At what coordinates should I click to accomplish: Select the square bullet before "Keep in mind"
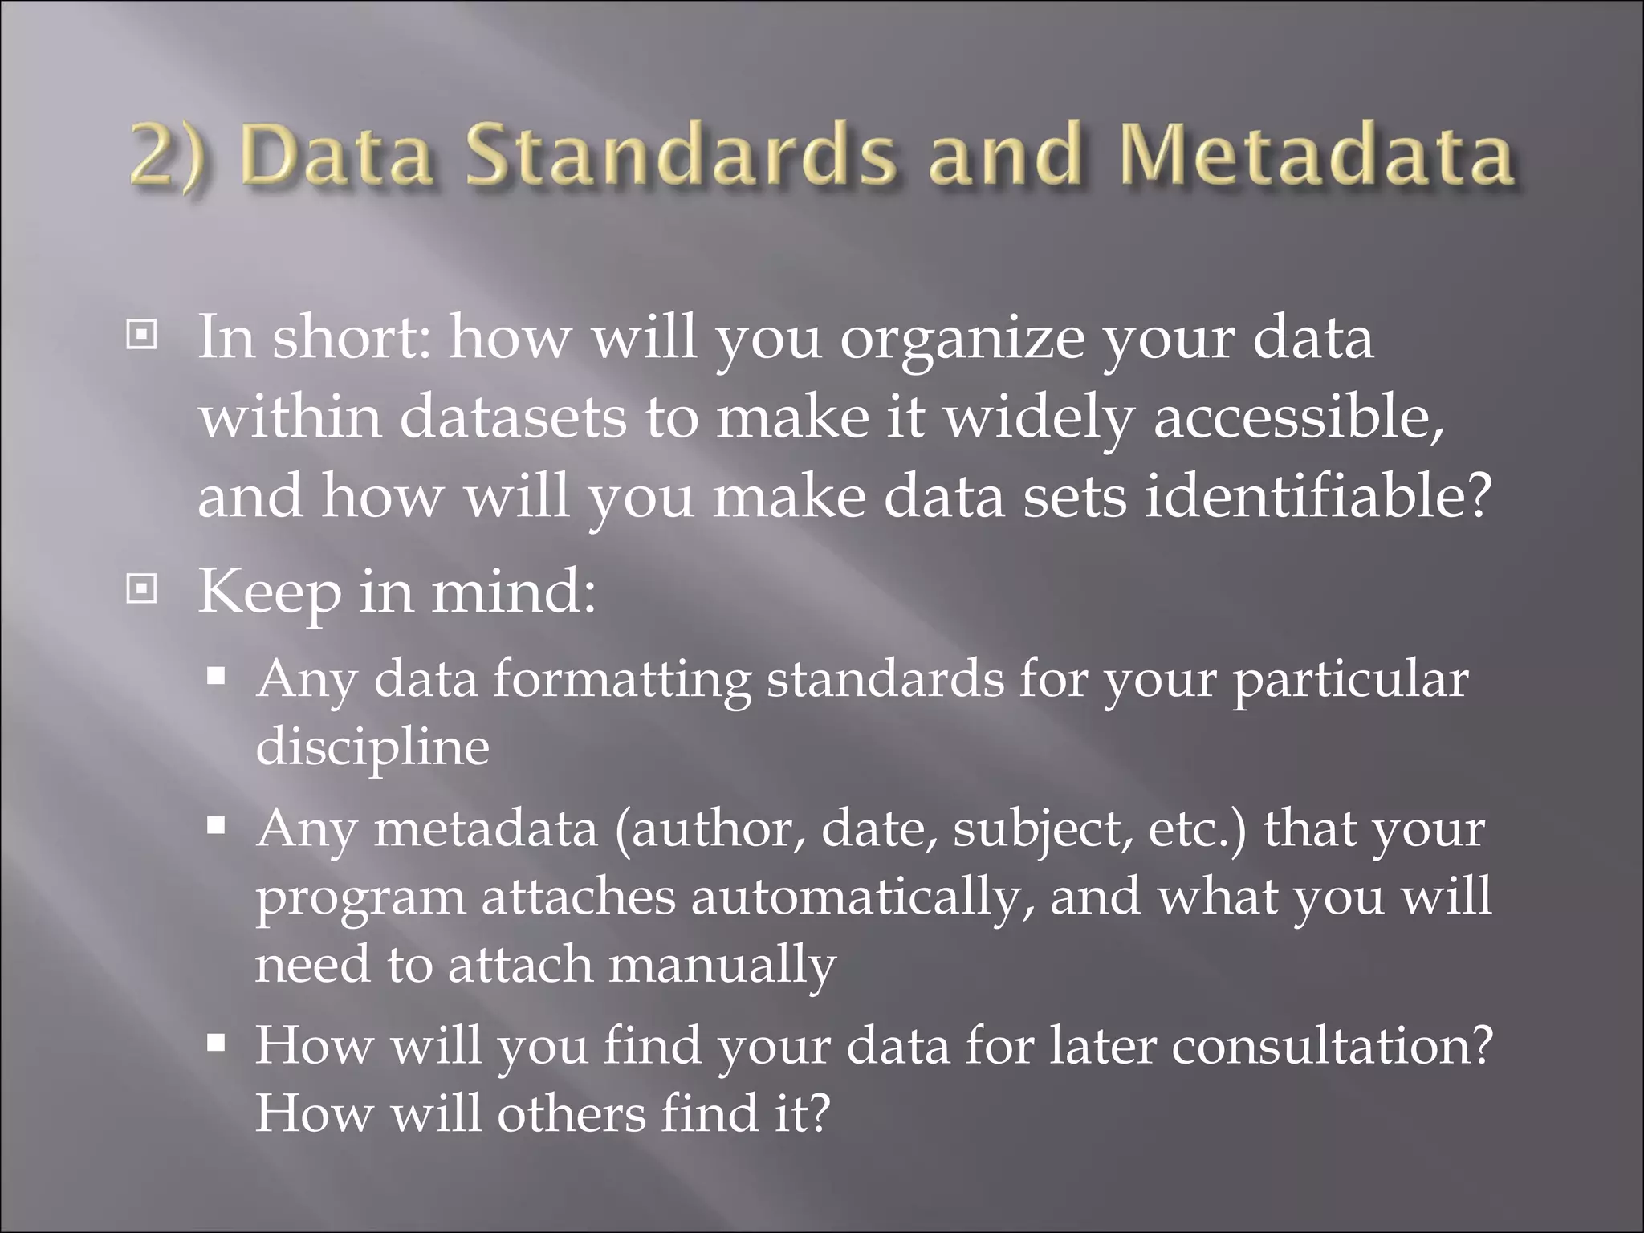click(142, 590)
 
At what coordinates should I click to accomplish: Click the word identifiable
click(1316, 496)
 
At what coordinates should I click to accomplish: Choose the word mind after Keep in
click(514, 592)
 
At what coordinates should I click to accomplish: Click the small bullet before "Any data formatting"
click(215, 676)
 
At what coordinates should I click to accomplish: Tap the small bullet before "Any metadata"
click(215, 825)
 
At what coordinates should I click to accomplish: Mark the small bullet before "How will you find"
click(215, 1043)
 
